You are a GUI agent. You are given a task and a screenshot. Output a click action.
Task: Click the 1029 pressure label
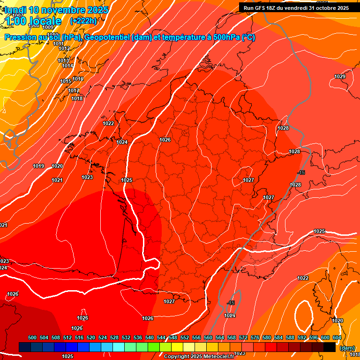(340, 76)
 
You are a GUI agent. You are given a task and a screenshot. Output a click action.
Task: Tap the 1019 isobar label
(38, 166)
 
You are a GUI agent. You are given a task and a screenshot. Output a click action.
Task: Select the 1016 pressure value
(78, 79)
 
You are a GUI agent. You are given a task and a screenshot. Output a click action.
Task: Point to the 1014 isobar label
(67, 66)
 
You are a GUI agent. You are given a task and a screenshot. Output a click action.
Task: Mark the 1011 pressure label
(59, 44)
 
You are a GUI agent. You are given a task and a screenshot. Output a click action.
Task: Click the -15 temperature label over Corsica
(231, 303)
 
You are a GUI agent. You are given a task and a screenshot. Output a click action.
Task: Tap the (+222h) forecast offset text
(83, 21)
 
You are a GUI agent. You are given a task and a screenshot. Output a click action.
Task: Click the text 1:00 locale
(33, 21)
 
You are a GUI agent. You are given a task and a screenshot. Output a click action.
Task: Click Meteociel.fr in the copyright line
(218, 356)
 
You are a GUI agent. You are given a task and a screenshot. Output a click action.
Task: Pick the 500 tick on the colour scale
(32, 337)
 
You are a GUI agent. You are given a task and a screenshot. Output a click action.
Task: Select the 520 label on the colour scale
(91, 337)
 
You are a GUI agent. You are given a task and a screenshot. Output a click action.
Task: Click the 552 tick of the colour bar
(185, 337)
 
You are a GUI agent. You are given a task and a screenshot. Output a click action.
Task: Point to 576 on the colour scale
(255, 337)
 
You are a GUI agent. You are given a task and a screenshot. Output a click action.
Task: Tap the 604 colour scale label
(337, 337)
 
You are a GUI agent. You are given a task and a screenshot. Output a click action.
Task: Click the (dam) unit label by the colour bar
(347, 348)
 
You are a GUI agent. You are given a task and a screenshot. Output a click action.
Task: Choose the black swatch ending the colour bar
(330, 347)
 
